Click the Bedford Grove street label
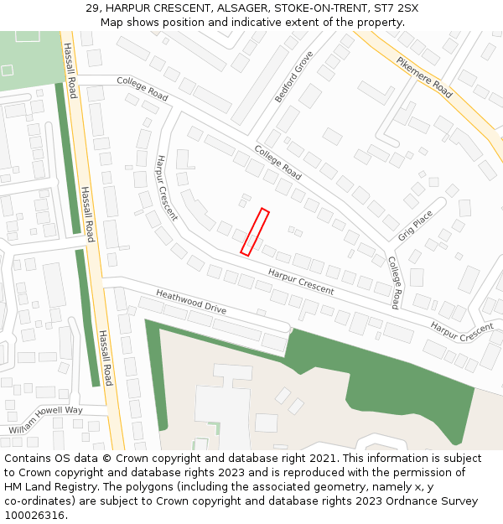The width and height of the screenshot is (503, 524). point(293,76)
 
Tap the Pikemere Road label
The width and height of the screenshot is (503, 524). point(424,78)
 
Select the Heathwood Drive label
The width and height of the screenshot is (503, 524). point(191,302)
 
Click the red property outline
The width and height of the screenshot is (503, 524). point(255,231)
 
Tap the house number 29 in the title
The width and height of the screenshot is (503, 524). point(93,8)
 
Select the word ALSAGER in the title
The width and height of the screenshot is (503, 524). point(241,8)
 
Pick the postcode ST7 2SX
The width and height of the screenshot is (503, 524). point(396,8)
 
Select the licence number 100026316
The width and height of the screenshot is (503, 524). point(36,516)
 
